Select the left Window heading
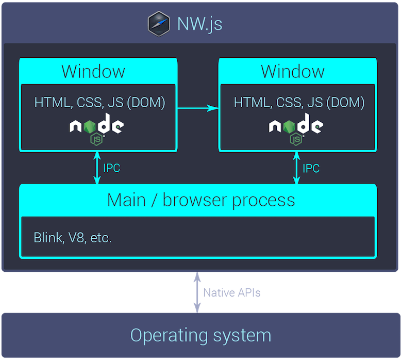point(93,71)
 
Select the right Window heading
point(293,71)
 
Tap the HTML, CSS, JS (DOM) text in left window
point(99,102)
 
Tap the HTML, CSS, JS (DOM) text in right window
point(299,102)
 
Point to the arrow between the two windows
point(198,108)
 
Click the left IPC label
point(112,168)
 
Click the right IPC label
point(311,168)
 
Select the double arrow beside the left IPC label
point(96,168)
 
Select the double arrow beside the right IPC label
point(296,168)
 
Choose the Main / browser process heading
point(201,200)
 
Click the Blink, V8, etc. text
point(73,238)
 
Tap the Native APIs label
point(231,293)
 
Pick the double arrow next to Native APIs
point(197,292)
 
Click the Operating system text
point(200,335)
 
